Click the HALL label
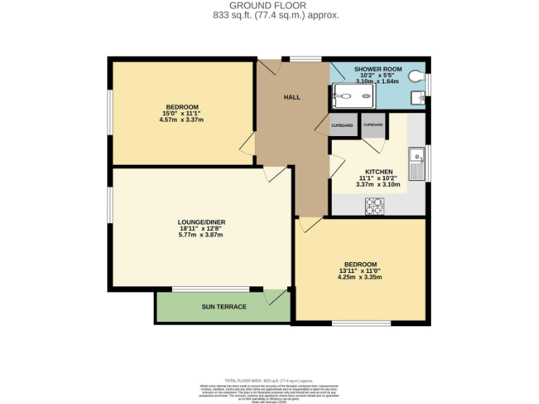pyautogui.click(x=292, y=97)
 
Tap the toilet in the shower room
pyautogui.click(x=420, y=76)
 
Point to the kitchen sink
pyautogui.click(x=417, y=163)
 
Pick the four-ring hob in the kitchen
pyautogui.click(x=375, y=206)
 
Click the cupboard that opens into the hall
pyautogui.click(x=342, y=125)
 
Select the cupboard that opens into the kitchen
pyautogui.click(x=373, y=125)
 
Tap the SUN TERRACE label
pyautogui.click(x=224, y=307)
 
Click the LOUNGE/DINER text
pyautogui.click(x=201, y=222)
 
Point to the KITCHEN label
pyautogui.click(x=378, y=171)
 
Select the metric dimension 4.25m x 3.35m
pyautogui.click(x=359, y=277)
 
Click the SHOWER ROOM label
pyautogui.click(x=378, y=69)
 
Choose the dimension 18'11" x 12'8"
pyautogui.click(x=201, y=228)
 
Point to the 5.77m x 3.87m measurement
pyautogui.click(x=201, y=235)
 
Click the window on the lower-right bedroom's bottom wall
pyautogui.click(x=361, y=323)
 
